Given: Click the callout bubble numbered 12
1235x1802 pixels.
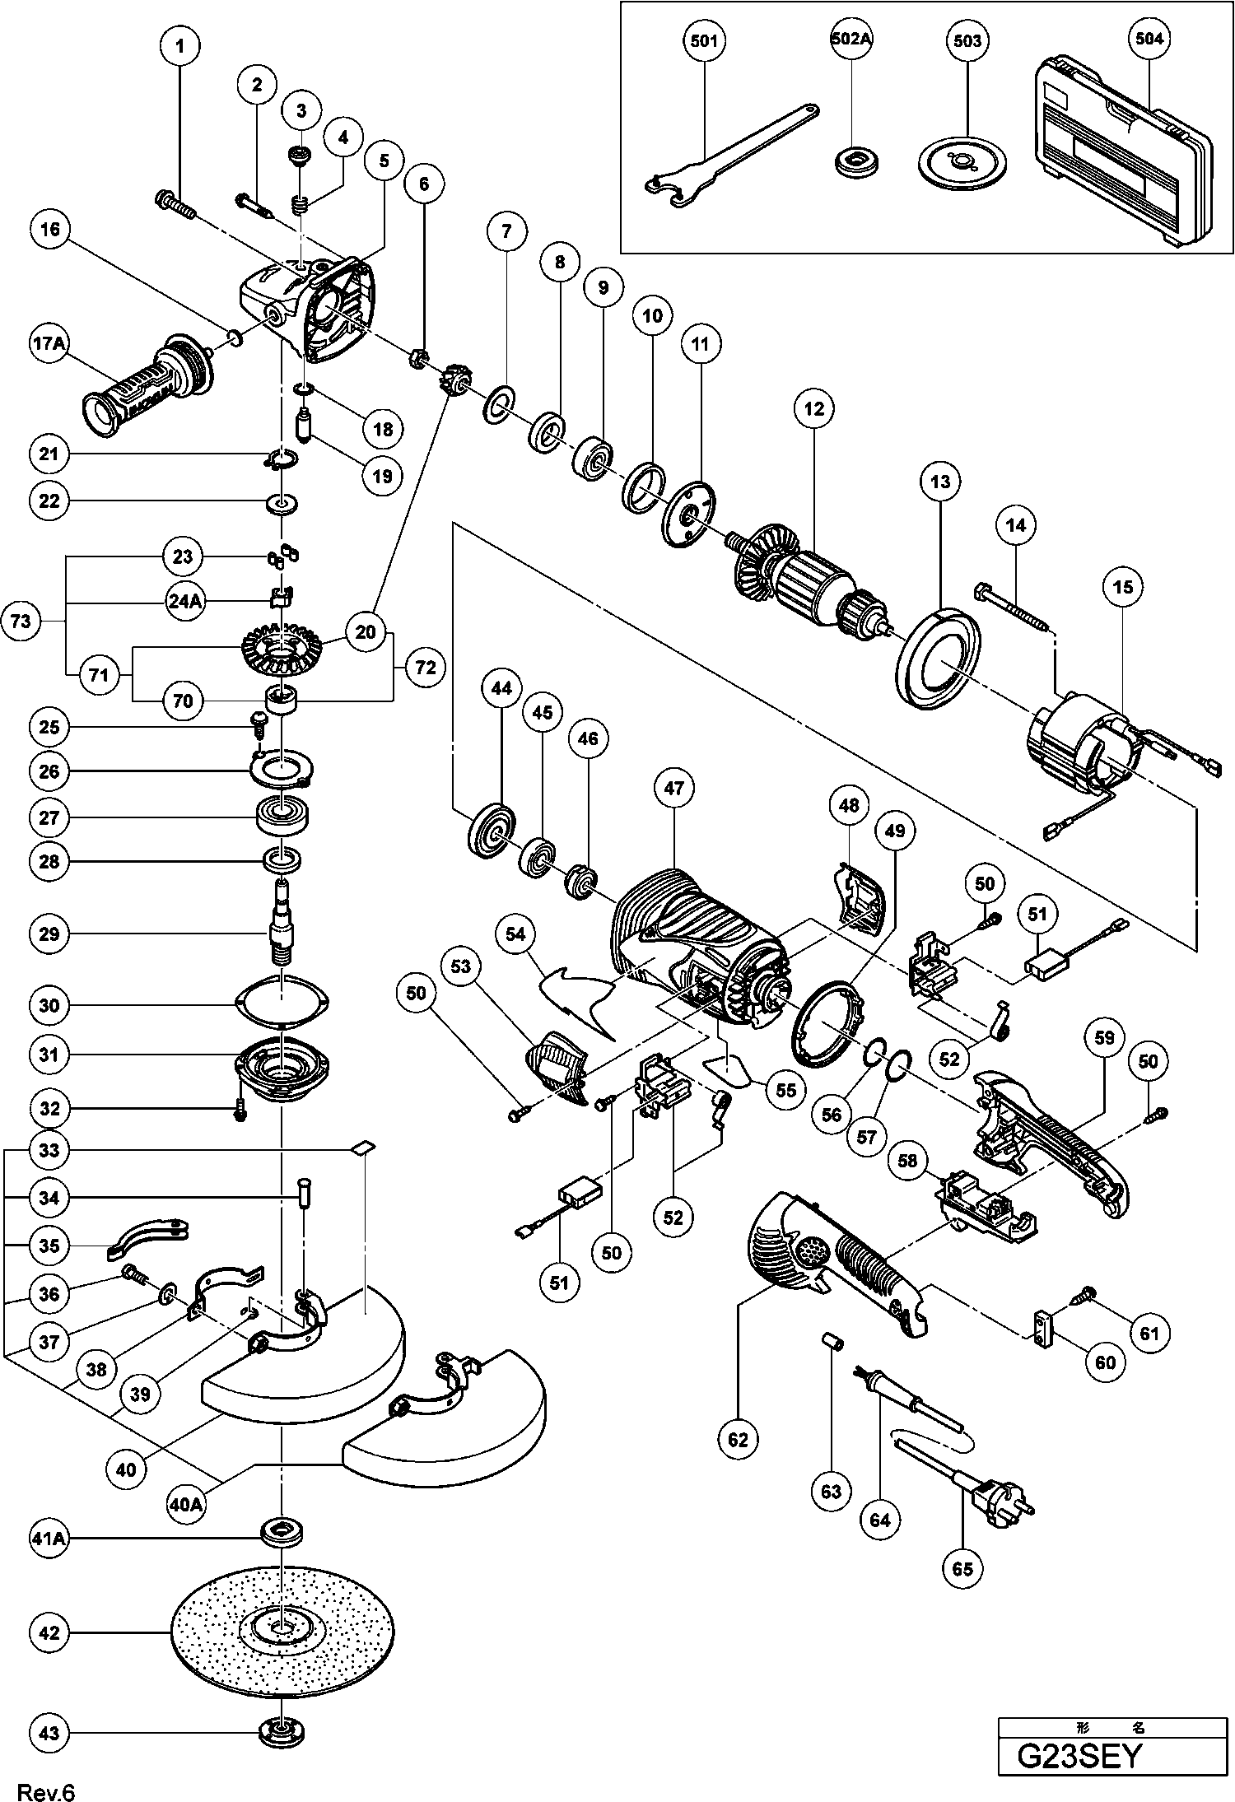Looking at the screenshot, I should coord(814,408).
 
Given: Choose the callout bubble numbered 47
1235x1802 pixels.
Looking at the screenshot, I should coord(674,788).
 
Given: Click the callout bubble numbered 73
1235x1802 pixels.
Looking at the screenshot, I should coord(21,620).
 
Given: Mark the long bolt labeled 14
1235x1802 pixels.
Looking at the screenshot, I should coord(1012,612).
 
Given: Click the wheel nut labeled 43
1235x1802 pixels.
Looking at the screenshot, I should coord(282,1732).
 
